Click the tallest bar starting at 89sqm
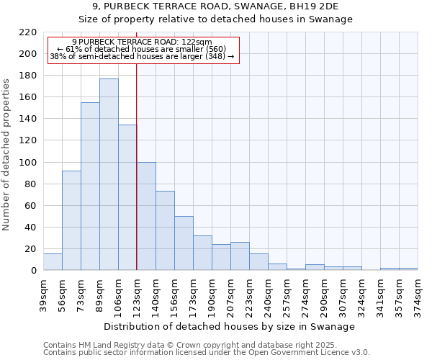click(109, 174)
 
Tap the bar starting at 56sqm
click(71, 220)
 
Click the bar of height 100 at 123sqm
click(146, 216)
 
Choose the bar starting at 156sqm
click(184, 243)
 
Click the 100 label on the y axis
click(29, 163)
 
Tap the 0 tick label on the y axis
click(34, 271)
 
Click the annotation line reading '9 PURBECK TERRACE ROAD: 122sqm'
click(142, 42)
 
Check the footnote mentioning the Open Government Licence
click(207, 353)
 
